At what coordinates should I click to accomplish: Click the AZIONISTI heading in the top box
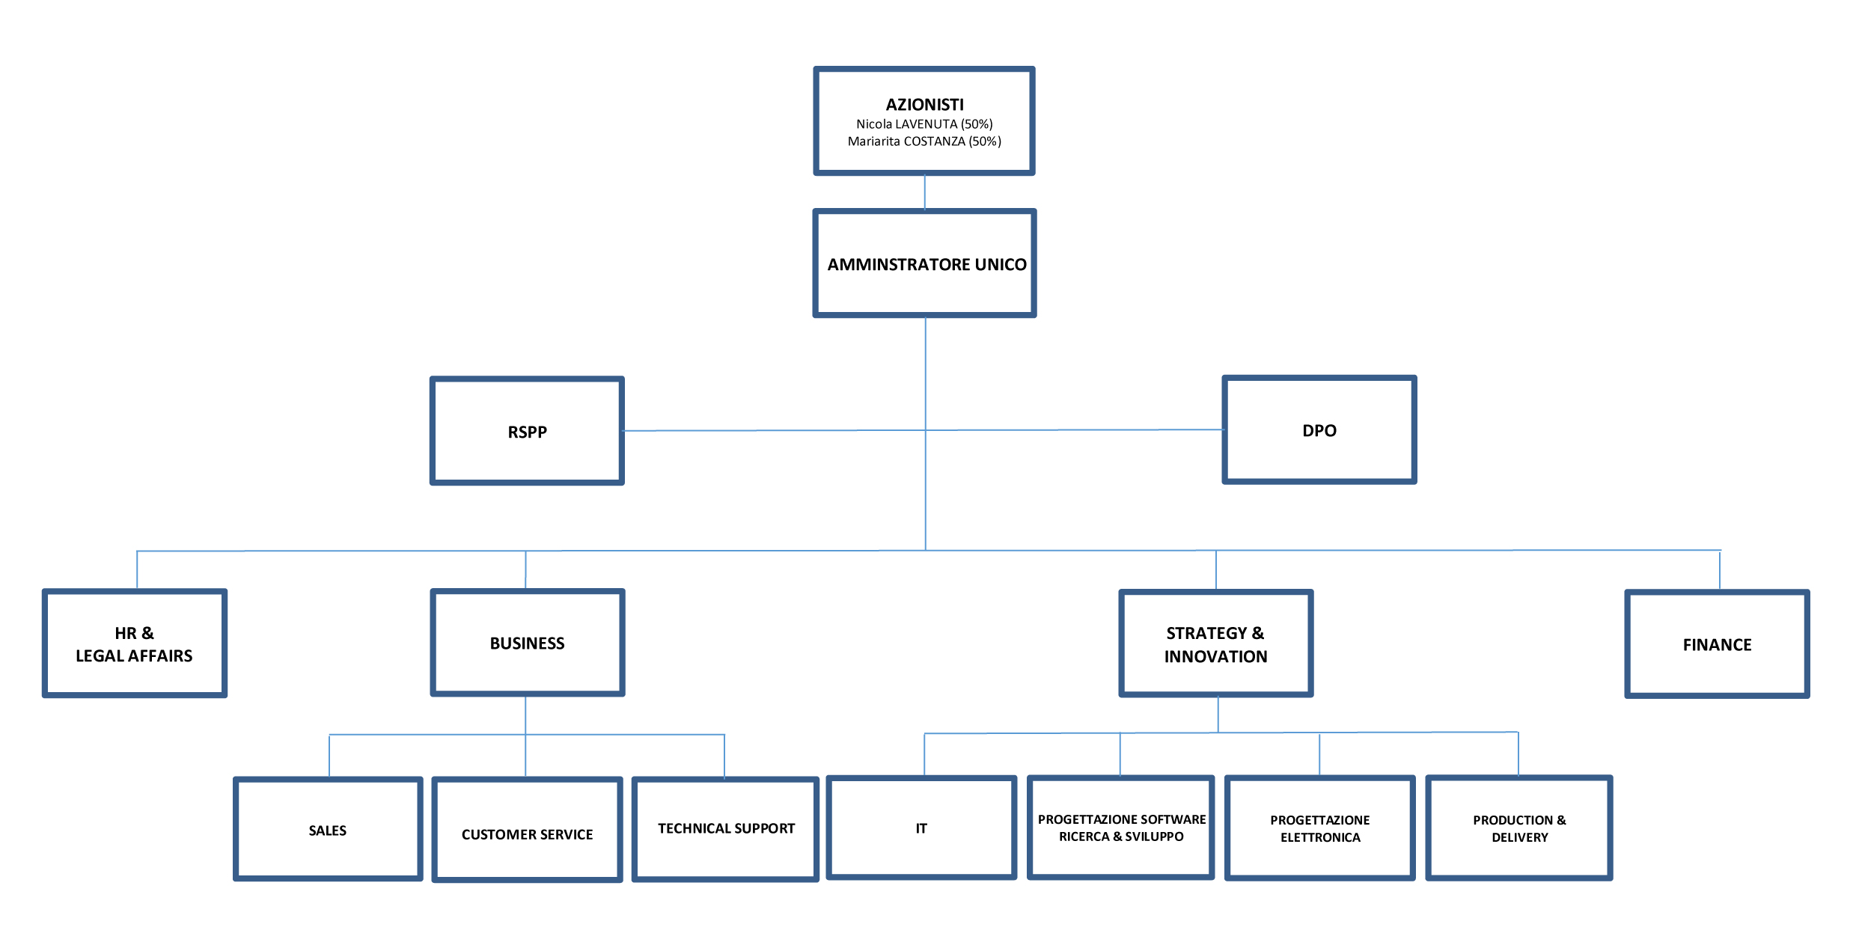point(924,105)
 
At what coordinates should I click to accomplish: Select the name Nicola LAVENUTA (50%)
point(924,124)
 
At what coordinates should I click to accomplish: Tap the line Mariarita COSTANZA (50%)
point(924,141)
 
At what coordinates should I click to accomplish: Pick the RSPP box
point(527,432)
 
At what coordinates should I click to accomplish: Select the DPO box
point(1319,430)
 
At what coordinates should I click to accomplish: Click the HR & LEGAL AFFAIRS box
point(135,643)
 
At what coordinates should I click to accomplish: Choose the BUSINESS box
point(527,643)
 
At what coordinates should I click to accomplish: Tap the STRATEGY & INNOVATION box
point(1215,644)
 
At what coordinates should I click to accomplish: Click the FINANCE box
point(1717,645)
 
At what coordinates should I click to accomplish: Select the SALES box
point(328,830)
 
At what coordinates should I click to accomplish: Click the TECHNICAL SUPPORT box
point(725,829)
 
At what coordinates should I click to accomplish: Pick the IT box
point(921,828)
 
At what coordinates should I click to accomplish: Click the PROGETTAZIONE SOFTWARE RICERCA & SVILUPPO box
point(1120,828)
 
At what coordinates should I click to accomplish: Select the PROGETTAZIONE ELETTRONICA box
point(1319,828)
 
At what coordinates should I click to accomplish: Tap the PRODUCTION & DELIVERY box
point(1518,828)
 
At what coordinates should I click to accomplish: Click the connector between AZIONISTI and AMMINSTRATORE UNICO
point(925,192)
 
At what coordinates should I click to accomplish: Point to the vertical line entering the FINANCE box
point(1720,571)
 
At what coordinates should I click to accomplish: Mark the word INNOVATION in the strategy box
point(1215,657)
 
